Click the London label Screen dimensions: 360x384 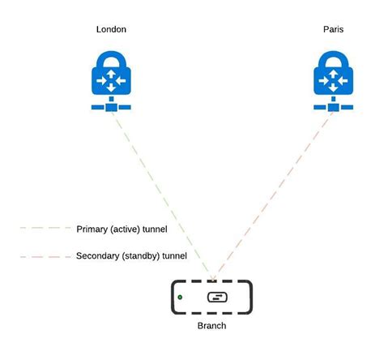point(111,30)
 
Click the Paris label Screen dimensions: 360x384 point(334,30)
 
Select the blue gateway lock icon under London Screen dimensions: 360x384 point(112,81)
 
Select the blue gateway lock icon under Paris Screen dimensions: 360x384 point(333,81)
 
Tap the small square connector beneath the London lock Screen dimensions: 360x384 point(112,106)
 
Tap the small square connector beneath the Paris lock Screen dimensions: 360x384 point(333,106)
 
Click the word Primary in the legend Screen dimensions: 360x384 point(92,229)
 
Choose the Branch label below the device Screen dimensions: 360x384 point(211,325)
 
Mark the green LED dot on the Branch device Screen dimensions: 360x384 point(179,298)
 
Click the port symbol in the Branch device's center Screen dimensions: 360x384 point(216,298)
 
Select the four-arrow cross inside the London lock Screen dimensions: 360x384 point(112,83)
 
